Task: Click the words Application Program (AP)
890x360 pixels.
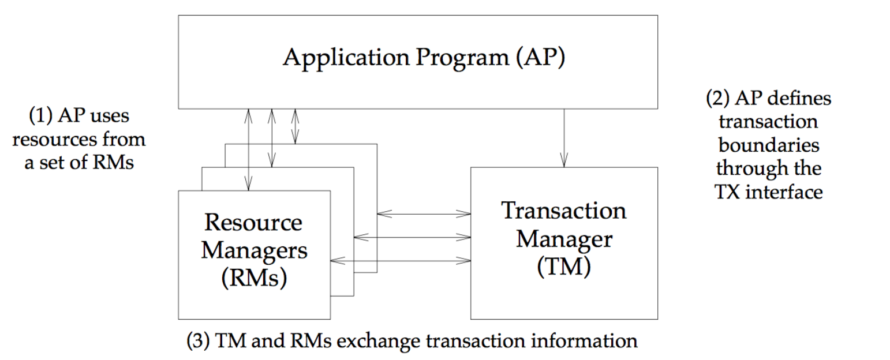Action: point(424,58)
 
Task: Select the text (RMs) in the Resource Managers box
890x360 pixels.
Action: point(255,277)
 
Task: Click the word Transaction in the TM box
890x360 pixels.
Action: point(564,210)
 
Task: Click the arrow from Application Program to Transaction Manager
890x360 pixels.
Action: point(564,138)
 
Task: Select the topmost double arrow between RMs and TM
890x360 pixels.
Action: point(424,214)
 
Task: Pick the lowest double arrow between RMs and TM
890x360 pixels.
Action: point(401,261)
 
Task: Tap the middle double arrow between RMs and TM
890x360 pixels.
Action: point(412,238)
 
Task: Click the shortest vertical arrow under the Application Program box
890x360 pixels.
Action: point(295,126)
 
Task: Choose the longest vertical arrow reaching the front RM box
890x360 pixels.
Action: point(248,150)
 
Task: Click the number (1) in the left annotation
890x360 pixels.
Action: point(40,115)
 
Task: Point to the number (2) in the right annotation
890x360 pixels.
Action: point(717,98)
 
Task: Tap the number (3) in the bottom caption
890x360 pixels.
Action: point(198,341)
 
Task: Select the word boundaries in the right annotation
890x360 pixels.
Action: point(769,145)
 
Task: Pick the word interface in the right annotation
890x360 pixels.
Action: point(784,192)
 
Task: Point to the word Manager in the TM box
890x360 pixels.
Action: point(564,239)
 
